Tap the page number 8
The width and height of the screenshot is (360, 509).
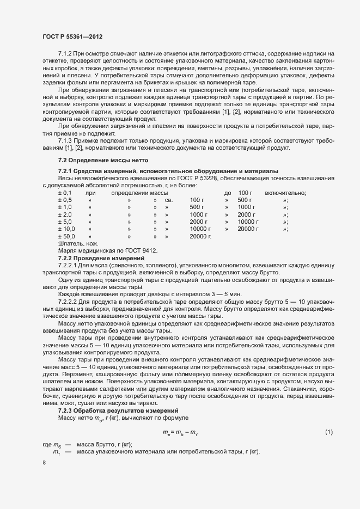click(x=44, y=463)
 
